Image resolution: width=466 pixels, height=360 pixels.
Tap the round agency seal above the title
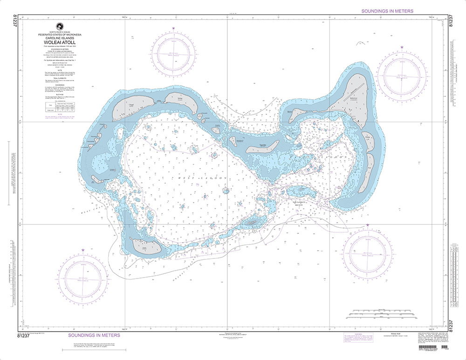click(x=59, y=27)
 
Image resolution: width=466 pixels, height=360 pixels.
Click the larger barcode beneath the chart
click(x=429, y=348)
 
